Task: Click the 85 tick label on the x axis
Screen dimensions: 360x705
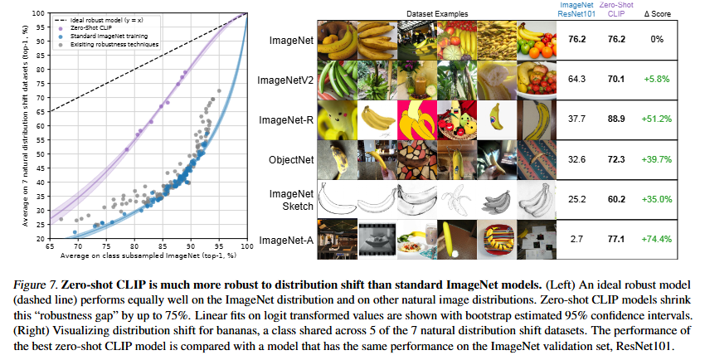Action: point(162,247)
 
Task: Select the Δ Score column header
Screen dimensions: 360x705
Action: point(654,14)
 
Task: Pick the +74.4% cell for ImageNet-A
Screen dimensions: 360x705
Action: point(654,240)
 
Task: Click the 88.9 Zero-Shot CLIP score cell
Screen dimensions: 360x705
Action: point(615,119)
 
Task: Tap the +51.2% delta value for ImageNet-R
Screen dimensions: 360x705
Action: point(654,119)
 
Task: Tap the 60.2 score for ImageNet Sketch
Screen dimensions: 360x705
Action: point(615,200)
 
